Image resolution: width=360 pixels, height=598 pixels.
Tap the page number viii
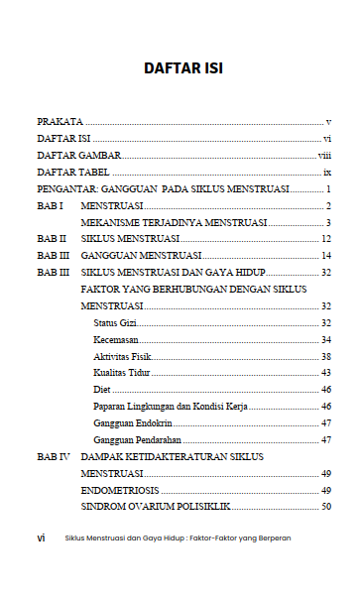coord(323,155)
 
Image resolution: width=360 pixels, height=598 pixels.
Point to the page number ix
coord(326,172)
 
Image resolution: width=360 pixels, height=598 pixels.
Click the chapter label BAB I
coord(50,205)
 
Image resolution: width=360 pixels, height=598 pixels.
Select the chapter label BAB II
coord(52,239)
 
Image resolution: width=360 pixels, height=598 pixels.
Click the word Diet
coord(102,390)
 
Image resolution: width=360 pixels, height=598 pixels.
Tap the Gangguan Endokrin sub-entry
coord(127,423)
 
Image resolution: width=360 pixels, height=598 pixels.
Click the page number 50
coord(325,507)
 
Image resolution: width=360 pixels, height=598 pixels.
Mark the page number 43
coord(325,373)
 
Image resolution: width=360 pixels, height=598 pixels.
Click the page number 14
coord(325,256)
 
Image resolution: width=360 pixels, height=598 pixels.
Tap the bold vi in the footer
coord(41,538)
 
